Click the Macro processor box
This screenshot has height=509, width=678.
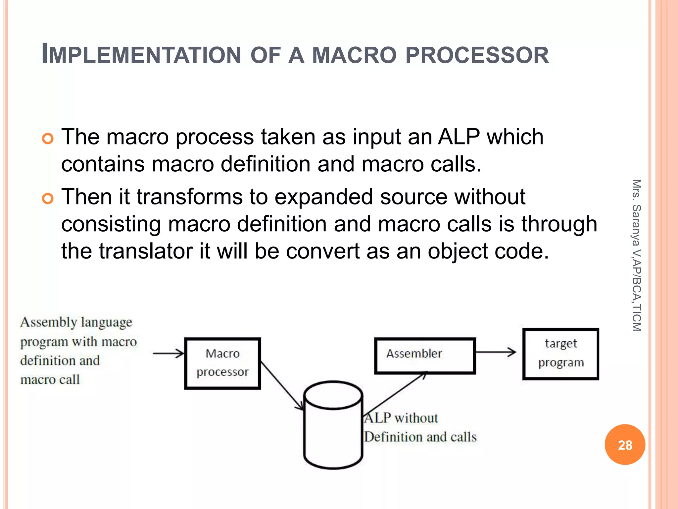222,363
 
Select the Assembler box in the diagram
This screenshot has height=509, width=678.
425,356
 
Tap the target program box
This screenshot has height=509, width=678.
561,354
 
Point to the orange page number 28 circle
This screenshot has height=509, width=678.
625,444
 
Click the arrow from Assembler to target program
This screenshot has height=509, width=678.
496,352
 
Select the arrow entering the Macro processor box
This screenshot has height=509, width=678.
168,354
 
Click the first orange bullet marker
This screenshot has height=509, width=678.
48,139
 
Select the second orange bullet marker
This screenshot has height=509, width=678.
48,199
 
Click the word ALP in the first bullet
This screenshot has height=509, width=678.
459,137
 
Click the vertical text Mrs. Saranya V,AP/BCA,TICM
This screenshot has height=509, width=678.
636,255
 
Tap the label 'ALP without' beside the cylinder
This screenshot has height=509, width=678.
401,418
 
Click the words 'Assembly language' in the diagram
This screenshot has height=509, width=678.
76,322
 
